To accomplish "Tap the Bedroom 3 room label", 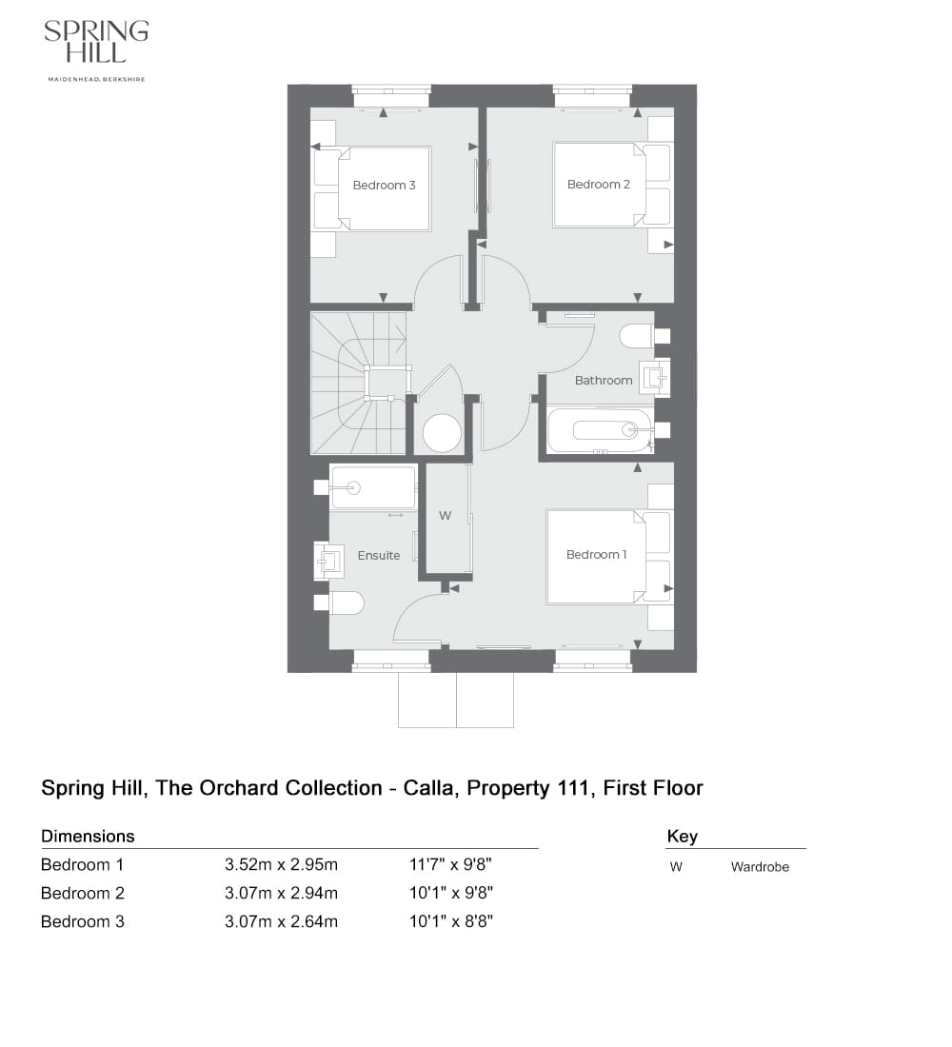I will pos(384,185).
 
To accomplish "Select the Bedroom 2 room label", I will pos(599,184).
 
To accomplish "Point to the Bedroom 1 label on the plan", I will pos(596,554).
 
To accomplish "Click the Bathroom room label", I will pos(604,380).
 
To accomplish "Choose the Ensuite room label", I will pos(379,555).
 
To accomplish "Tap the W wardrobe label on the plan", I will pos(444,516).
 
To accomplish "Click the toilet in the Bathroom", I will pos(637,335).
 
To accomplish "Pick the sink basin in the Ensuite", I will pos(330,560).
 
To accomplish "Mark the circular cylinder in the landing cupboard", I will pos(442,433).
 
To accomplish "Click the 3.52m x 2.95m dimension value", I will pos(282,865).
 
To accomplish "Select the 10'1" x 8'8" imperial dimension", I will pos(450,921).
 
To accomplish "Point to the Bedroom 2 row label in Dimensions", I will pos(83,893).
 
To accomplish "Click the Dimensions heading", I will pos(88,836).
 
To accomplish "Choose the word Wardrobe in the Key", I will pos(760,867).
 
